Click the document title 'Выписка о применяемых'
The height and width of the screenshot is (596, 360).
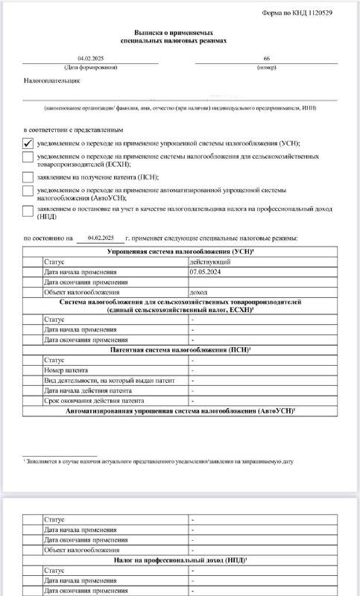tap(178, 34)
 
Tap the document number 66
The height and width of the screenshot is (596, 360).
tap(267, 58)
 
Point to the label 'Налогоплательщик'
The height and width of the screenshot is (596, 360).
tap(51, 80)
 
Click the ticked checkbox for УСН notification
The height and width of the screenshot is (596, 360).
tap(28, 142)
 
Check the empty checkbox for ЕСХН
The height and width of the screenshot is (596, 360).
tap(28, 157)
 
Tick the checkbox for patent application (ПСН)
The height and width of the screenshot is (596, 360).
tap(28, 177)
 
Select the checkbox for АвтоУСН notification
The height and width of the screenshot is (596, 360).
tap(28, 193)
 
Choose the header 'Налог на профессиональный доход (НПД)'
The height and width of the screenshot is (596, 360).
tap(179, 559)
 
